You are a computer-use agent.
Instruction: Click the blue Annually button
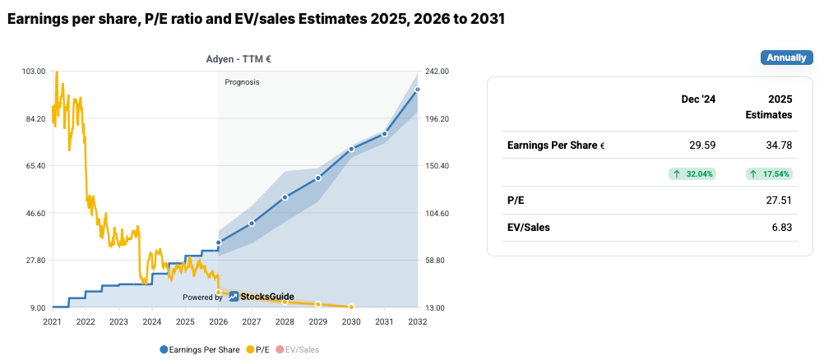pyautogui.click(x=786, y=58)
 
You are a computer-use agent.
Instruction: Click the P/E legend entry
pyautogui.click(x=258, y=349)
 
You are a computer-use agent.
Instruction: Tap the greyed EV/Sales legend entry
pyautogui.click(x=297, y=349)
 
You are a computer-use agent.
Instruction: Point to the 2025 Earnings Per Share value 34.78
pyautogui.click(x=777, y=145)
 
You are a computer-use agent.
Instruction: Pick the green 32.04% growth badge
pyautogui.click(x=693, y=173)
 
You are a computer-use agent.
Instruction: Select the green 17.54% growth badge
pyautogui.click(x=770, y=173)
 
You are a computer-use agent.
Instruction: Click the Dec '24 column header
pyautogui.click(x=698, y=99)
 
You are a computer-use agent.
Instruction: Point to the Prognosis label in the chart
pyautogui.click(x=242, y=82)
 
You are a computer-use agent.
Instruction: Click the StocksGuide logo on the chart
pyautogui.click(x=262, y=297)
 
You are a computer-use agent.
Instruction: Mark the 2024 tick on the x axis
pyautogui.click(x=151, y=321)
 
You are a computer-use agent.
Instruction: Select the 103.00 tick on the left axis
pyautogui.click(x=34, y=72)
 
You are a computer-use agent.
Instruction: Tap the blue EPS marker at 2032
pyautogui.click(x=418, y=90)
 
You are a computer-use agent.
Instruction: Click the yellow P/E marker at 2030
pyautogui.click(x=351, y=307)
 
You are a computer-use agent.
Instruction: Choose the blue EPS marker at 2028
pyautogui.click(x=285, y=197)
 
